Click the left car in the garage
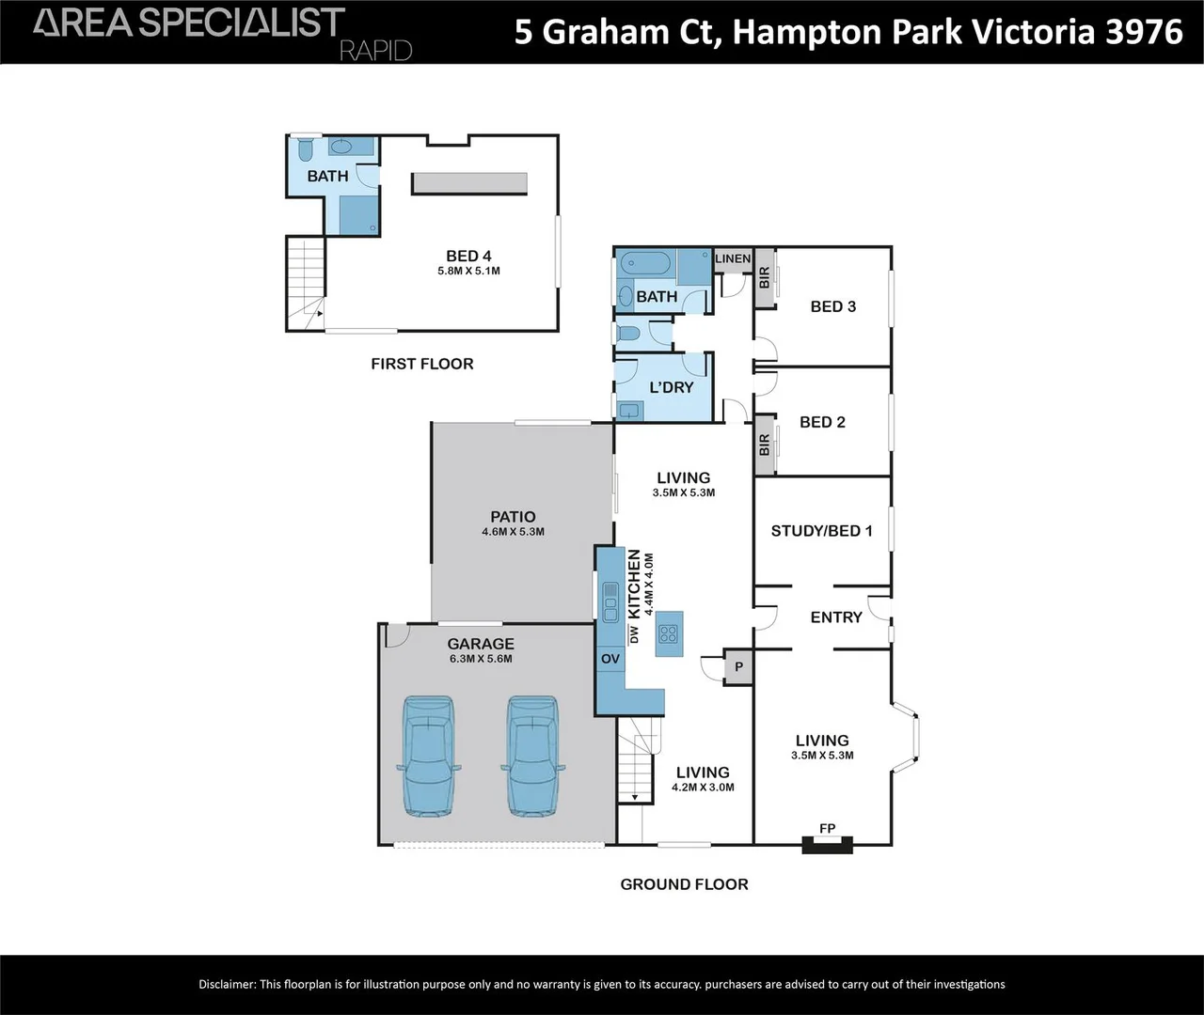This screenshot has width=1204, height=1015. [428, 756]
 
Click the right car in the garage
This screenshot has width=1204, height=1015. [532, 756]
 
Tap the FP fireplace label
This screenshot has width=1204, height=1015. [827, 828]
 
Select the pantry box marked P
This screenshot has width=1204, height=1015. [738, 667]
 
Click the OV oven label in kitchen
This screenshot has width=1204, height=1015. [610, 659]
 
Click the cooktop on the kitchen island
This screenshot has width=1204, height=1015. [669, 633]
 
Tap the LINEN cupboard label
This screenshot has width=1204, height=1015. [733, 258]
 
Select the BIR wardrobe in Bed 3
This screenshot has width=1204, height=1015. [764, 278]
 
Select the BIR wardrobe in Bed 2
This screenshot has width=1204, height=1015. [764, 445]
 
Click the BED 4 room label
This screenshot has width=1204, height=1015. [468, 256]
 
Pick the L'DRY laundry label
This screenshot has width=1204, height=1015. [672, 387]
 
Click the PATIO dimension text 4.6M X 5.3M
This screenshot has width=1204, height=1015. [513, 532]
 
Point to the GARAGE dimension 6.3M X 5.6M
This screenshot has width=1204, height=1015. [481, 659]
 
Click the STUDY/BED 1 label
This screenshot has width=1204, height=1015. [821, 531]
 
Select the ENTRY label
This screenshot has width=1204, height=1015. [836, 617]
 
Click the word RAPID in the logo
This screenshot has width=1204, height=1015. [375, 50]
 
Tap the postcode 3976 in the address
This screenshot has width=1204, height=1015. [1144, 32]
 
